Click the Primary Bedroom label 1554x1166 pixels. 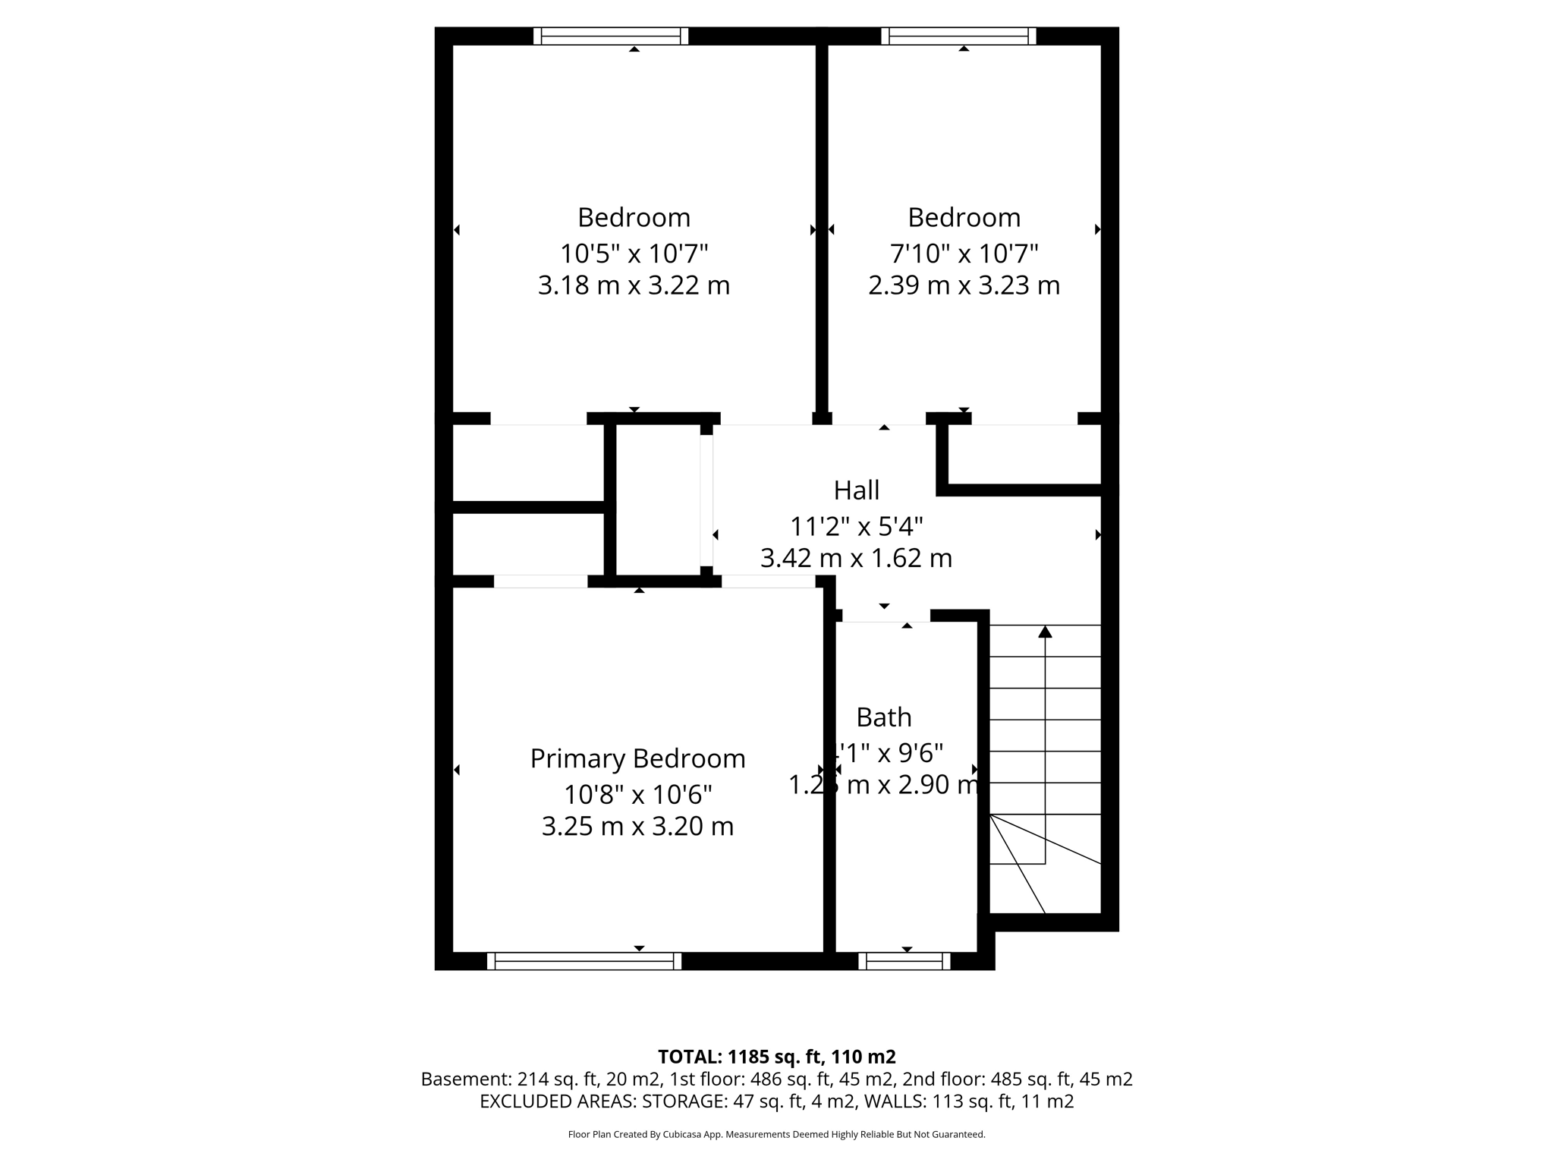tap(637, 758)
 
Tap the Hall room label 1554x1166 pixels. tap(856, 490)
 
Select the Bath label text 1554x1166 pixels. tap(883, 717)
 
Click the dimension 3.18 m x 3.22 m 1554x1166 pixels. tap(634, 285)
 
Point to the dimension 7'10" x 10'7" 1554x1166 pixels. tap(964, 253)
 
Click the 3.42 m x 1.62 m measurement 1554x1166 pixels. tap(856, 558)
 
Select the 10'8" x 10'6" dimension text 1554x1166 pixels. tap(637, 795)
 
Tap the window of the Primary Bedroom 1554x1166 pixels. tap(584, 961)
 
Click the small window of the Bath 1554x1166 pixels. tap(904, 961)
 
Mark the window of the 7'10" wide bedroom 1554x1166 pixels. tap(958, 36)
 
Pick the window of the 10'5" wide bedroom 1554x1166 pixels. tap(610, 36)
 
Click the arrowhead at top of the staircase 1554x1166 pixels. tap(1045, 632)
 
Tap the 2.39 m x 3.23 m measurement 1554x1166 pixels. tap(964, 285)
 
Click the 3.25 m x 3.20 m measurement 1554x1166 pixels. tap(637, 826)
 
